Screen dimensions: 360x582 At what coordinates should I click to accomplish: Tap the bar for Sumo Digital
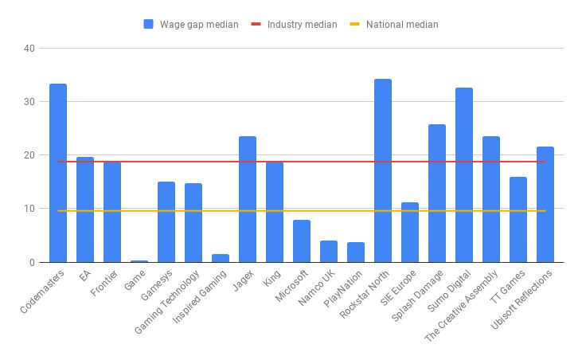coord(464,175)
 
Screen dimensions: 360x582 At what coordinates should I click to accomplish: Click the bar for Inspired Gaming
coord(221,258)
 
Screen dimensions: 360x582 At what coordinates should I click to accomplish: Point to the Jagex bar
coord(248,199)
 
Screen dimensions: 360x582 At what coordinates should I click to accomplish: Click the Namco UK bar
coord(329,252)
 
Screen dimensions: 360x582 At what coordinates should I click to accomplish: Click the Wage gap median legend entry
coord(190,24)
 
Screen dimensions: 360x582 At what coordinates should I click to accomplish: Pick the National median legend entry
coord(393,24)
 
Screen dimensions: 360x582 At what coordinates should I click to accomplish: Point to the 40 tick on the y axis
coord(29,49)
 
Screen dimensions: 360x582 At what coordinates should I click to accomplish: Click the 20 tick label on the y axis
coord(29,155)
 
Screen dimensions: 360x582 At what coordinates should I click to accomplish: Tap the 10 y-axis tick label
coord(29,209)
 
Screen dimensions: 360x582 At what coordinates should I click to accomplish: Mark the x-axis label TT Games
coord(509,286)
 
